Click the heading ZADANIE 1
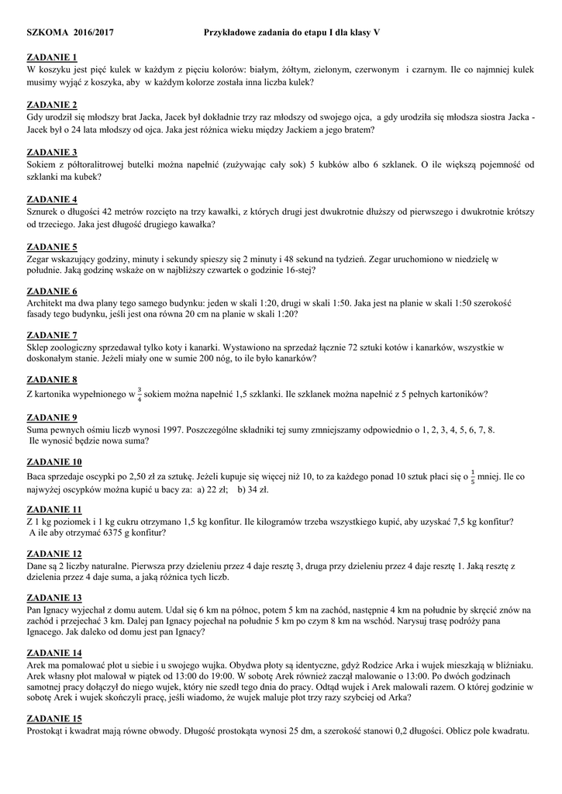52,57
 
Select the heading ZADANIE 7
52,335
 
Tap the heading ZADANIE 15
54,718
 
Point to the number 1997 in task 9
178,429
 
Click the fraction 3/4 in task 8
139,394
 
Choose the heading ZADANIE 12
54,554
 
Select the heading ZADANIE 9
52,416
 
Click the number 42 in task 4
123,212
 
